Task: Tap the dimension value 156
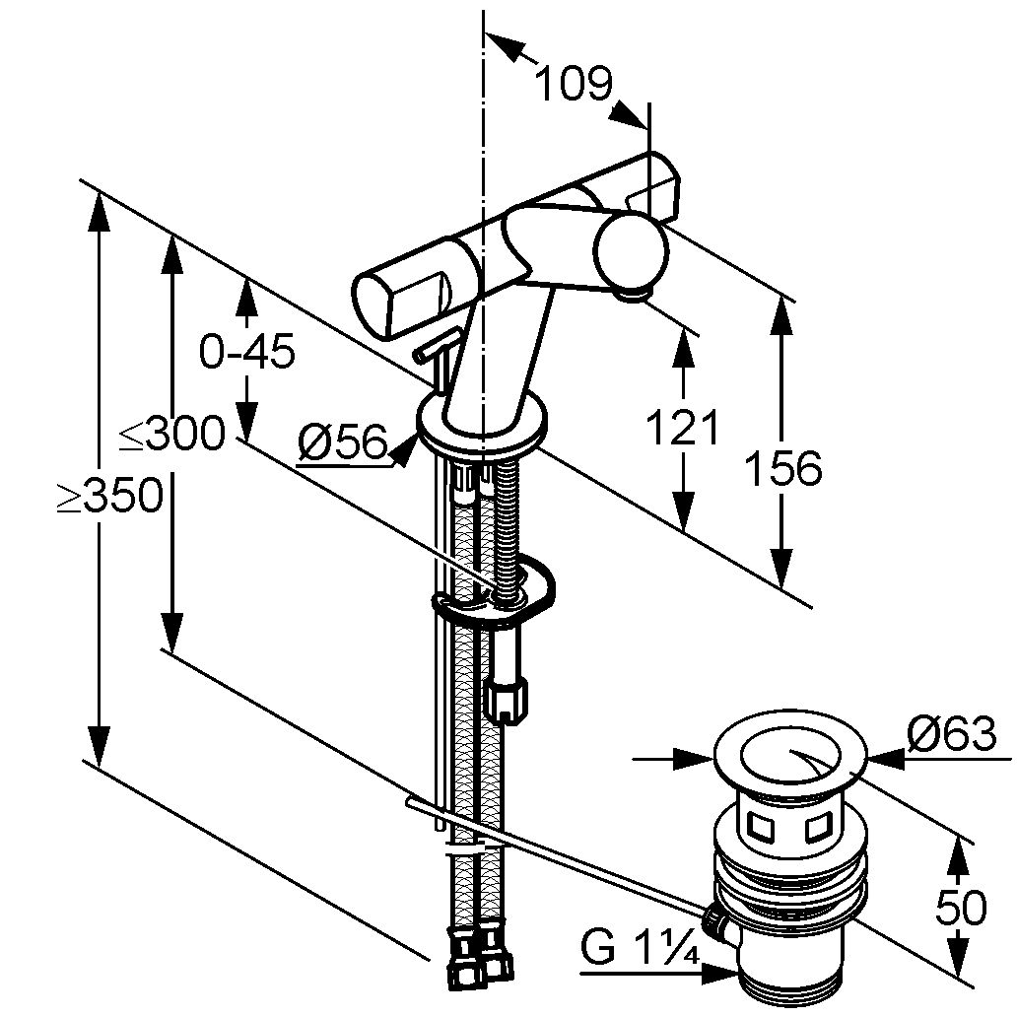(x=782, y=468)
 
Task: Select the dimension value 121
(x=684, y=427)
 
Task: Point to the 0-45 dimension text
(x=246, y=351)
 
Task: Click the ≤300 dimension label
(x=171, y=433)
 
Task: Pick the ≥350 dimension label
(x=109, y=496)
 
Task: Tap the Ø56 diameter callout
(x=343, y=442)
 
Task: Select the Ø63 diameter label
(x=951, y=733)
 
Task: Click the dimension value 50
(x=960, y=908)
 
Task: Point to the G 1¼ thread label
(x=640, y=948)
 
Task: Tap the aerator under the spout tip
(x=634, y=295)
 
